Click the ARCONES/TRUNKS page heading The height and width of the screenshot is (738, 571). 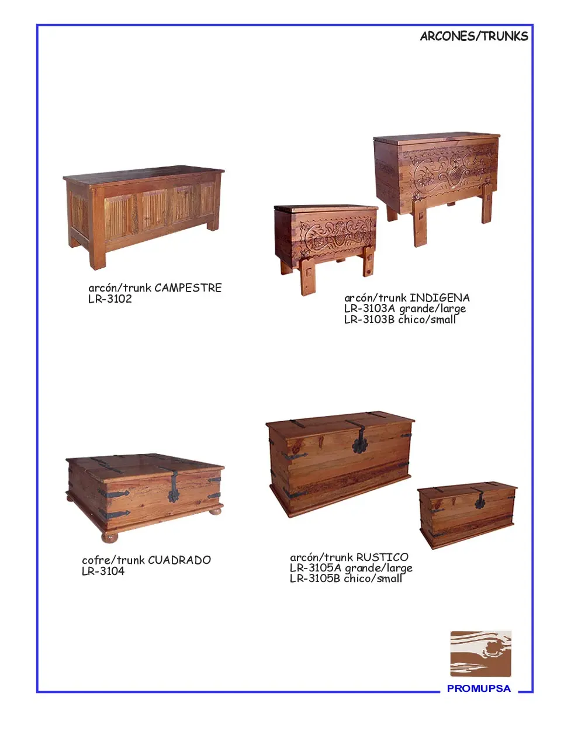click(474, 36)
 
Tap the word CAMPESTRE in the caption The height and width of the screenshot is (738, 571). click(188, 288)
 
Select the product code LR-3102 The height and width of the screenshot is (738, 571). click(110, 299)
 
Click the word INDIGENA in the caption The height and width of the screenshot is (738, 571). click(440, 298)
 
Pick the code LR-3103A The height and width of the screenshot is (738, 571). click(369, 309)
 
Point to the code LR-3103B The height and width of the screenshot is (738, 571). click(369, 320)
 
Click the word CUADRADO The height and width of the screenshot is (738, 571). click(179, 560)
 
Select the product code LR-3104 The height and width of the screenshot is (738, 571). click(103, 571)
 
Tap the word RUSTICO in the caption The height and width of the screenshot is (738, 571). click(382, 557)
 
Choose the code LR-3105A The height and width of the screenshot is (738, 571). click(315, 568)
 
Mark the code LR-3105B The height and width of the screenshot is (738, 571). click(315, 578)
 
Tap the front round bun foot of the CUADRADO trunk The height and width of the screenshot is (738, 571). click(110, 537)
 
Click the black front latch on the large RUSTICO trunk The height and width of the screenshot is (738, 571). click(359, 442)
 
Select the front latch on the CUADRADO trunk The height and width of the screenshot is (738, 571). click(174, 488)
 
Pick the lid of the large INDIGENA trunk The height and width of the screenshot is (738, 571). click(437, 138)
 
